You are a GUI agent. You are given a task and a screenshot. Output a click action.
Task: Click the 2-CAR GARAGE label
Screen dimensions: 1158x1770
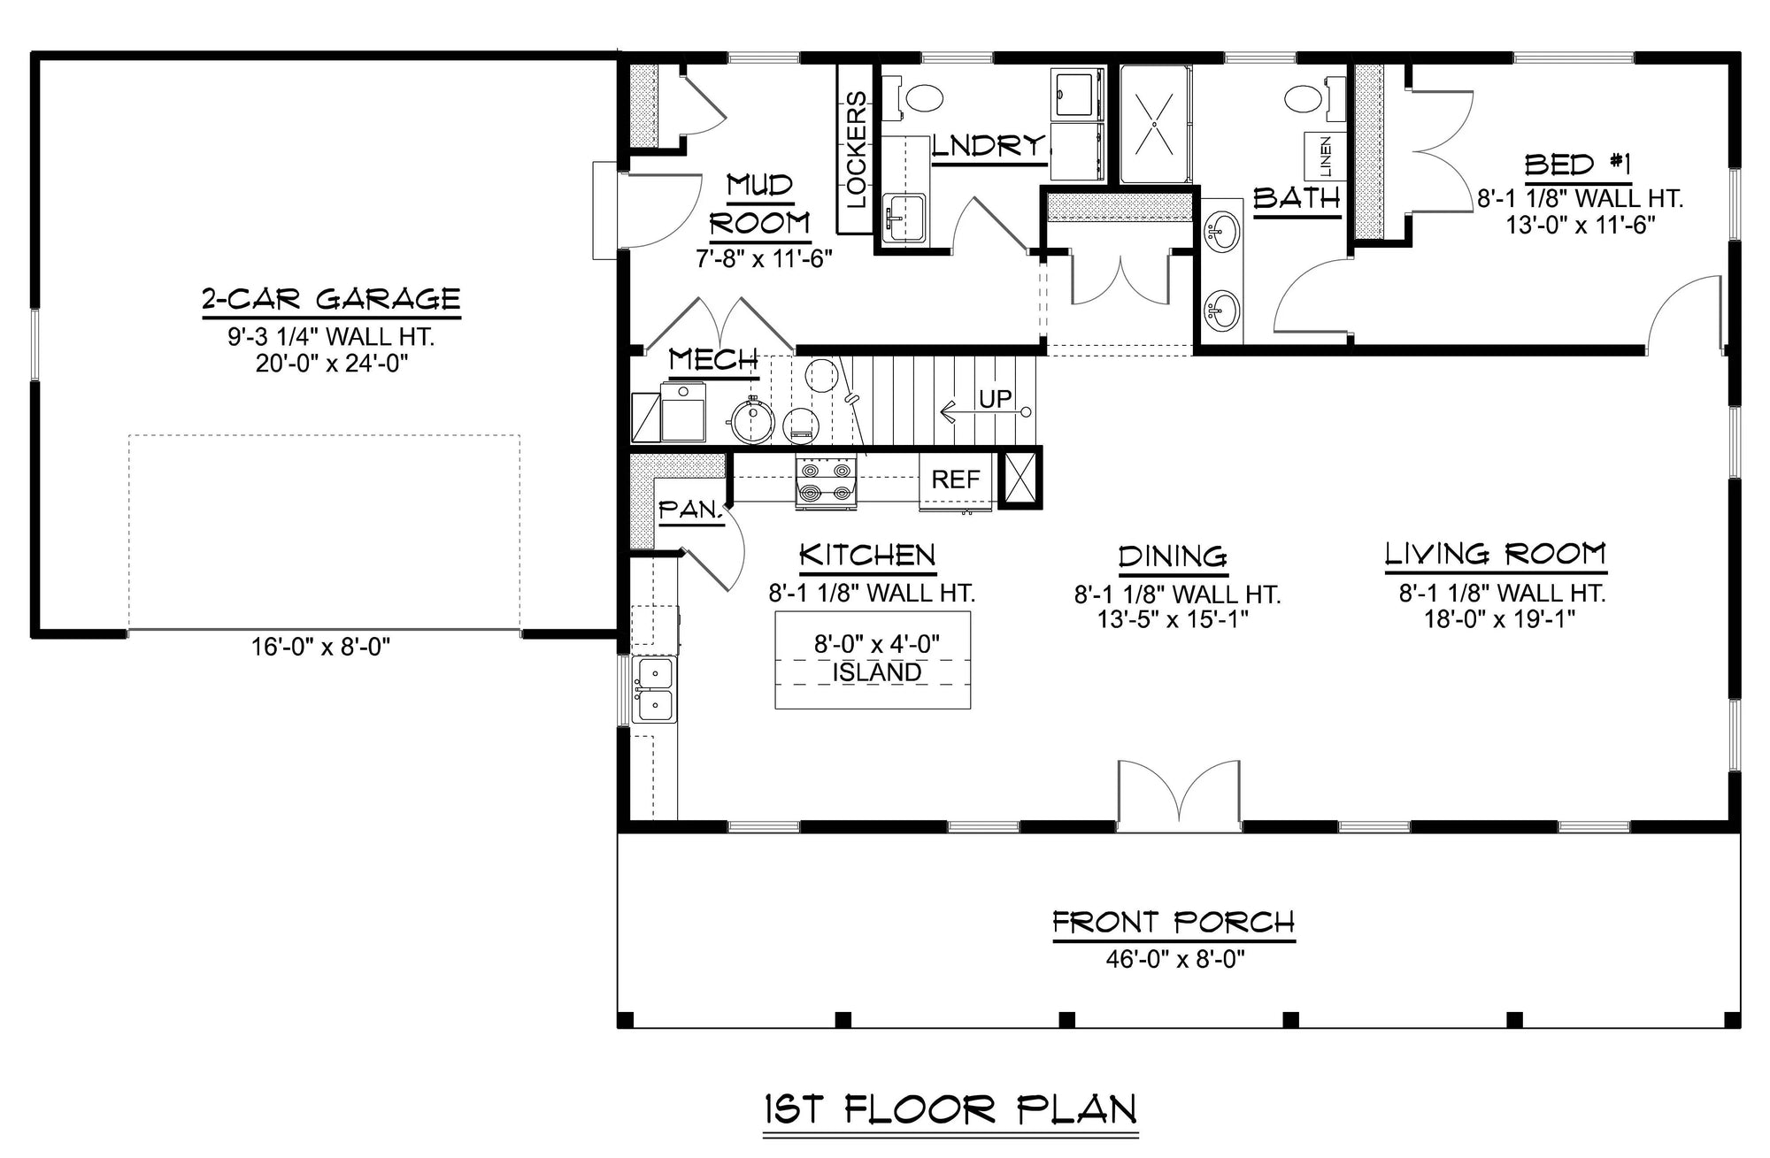click(331, 299)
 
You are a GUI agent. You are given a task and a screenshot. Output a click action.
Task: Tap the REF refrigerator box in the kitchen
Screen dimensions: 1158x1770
click(956, 480)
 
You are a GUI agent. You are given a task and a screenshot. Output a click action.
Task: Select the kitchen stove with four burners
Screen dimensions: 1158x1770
click(826, 483)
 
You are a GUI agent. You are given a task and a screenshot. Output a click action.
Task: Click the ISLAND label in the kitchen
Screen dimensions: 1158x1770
click(876, 672)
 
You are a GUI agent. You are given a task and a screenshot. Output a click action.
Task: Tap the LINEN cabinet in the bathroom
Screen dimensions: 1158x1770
click(1325, 157)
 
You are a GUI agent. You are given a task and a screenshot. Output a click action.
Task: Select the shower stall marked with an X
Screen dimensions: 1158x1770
click(1155, 124)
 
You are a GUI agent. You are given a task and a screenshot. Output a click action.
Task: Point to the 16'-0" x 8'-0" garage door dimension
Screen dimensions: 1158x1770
click(320, 648)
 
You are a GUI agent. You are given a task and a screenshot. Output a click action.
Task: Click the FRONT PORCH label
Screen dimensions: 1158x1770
click(1174, 923)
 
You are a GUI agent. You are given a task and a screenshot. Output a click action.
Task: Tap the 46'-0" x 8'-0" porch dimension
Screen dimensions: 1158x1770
click(1174, 959)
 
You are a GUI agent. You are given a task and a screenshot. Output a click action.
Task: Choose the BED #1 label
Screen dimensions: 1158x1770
click(1577, 165)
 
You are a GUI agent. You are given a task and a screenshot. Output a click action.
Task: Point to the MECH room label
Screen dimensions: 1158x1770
click(713, 360)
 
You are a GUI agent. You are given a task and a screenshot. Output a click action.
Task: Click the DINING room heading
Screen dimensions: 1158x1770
click(1173, 556)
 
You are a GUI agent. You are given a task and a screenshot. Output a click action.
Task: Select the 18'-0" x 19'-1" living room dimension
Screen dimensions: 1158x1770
click(1500, 618)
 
